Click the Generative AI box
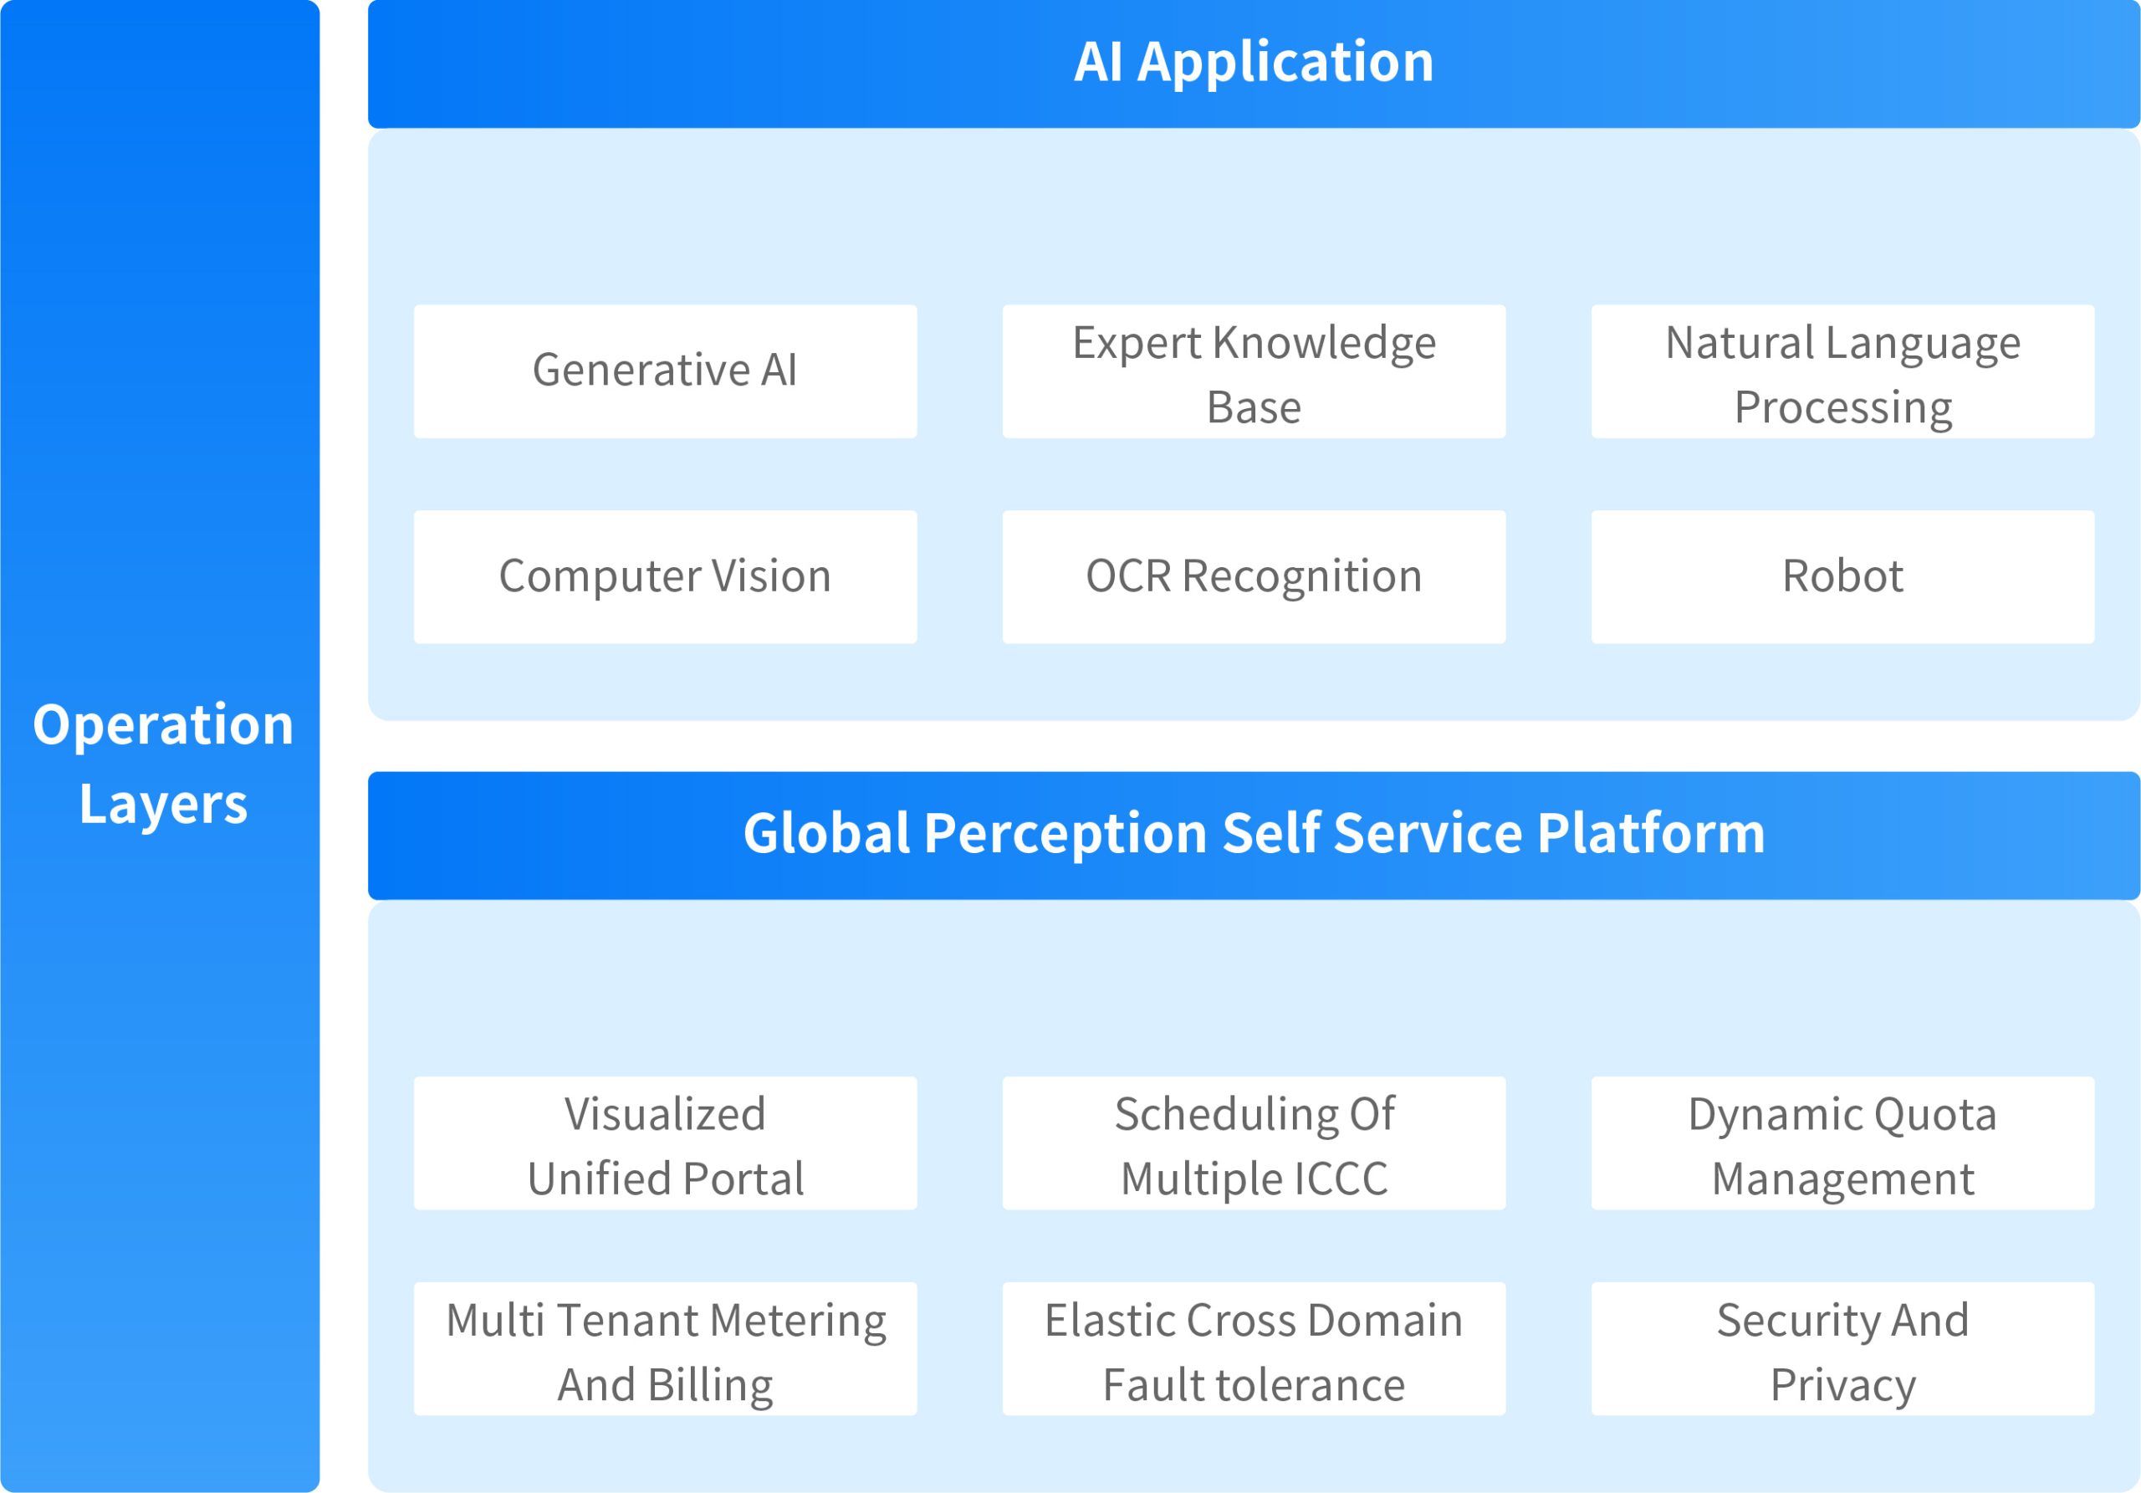coord(665,371)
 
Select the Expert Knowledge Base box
coord(1254,371)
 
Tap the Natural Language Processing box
coord(1842,371)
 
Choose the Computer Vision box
coord(665,576)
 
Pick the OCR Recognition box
coord(1254,576)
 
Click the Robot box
coord(1842,576)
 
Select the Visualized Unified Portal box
coord(665,1143)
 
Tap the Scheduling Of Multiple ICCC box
coord(1254,1143)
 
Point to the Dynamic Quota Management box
coord(1842,1143)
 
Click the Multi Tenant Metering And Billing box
coord(665,1348)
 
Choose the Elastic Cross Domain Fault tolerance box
coord(1254,1348)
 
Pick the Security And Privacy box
coord(1842,1348)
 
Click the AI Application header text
coord(1254,63)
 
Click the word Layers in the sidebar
coord(163,804)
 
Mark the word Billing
coord(711,1385)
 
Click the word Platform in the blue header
coord(1651,834)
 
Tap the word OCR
coord(1128,576)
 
